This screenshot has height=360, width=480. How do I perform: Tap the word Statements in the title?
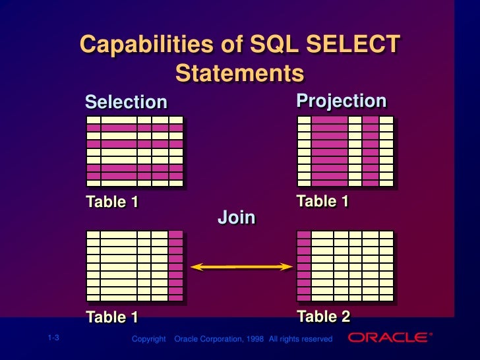click(239, 73)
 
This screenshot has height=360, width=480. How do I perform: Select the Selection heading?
click(126, 102)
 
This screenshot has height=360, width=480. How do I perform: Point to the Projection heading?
click(341, 101)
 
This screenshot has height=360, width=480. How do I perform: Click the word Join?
click(237, 218)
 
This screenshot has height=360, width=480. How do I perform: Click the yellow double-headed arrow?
click(241, 267)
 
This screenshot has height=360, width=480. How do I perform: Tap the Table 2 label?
click(323, 316)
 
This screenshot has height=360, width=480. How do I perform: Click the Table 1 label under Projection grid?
click(322, 201)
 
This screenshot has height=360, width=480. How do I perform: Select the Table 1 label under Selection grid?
click(112, 202)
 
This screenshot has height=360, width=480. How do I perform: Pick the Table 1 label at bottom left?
click(112, 317)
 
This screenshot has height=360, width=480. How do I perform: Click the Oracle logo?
click(389, 338)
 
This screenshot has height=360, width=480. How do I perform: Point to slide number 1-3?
click(53, 338)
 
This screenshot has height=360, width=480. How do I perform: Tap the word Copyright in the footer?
click(148, 339)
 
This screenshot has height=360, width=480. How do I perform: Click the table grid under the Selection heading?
click(135, 151)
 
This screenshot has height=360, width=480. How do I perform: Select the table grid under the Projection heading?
click(345, 151)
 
